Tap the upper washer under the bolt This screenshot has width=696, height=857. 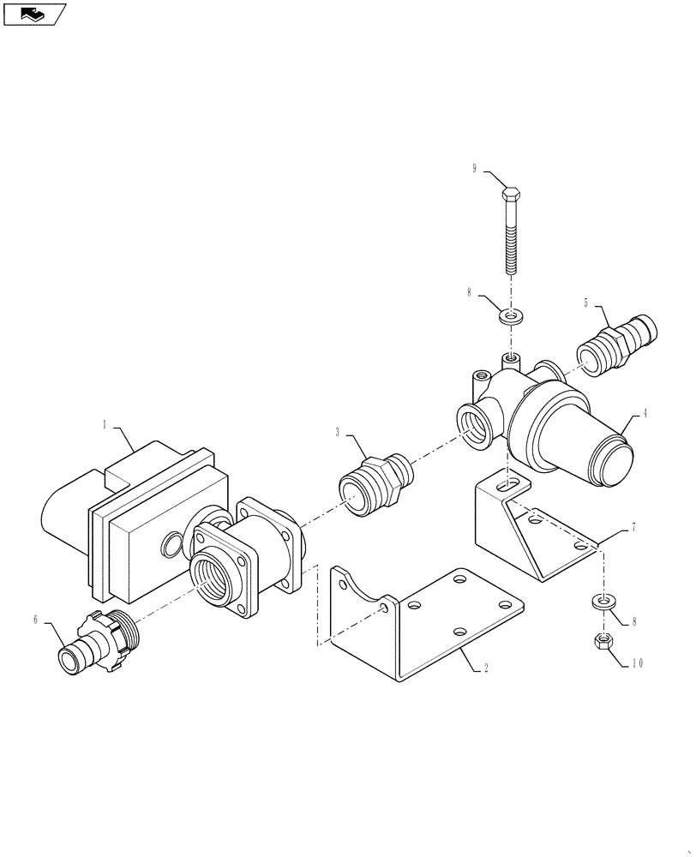point(513,318)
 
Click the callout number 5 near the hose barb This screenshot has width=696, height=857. point(586,303)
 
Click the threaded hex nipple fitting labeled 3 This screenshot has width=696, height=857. point(376,483)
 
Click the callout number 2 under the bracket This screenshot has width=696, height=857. point(485,669)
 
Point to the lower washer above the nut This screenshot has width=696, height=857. point(604,601)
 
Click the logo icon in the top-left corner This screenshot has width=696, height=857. point(33,14)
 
